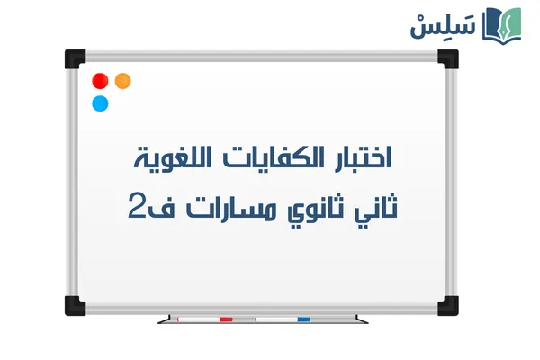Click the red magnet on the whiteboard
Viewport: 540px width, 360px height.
click(101, 81)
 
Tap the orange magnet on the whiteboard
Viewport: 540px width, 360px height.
click(123, 80)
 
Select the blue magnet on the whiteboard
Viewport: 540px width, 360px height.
click(101, 103)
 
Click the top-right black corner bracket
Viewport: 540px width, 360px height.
click(447, 58)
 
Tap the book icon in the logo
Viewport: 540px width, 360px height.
click(501, 24)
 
